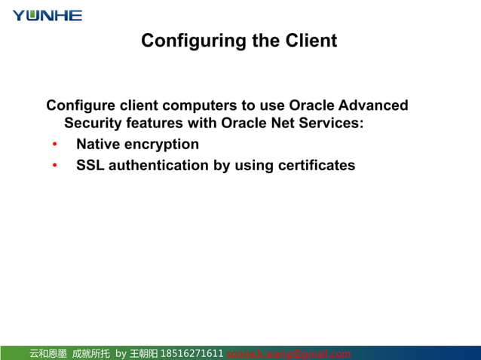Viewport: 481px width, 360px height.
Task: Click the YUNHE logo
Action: point(47,15)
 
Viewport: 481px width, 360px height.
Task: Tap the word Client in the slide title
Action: point(309,41)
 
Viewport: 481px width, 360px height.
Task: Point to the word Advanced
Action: point(374,105)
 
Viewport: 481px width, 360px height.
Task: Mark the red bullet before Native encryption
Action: point(55,145)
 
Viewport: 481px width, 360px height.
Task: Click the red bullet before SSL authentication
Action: point(55,166)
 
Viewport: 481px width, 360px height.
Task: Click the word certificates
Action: point(317,165)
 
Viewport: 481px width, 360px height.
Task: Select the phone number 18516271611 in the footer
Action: point(192,353)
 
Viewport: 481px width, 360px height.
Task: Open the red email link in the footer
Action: point(288,353)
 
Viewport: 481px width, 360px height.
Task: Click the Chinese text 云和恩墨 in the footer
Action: point(48,353)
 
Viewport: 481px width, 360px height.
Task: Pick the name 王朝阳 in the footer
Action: point(143,353)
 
